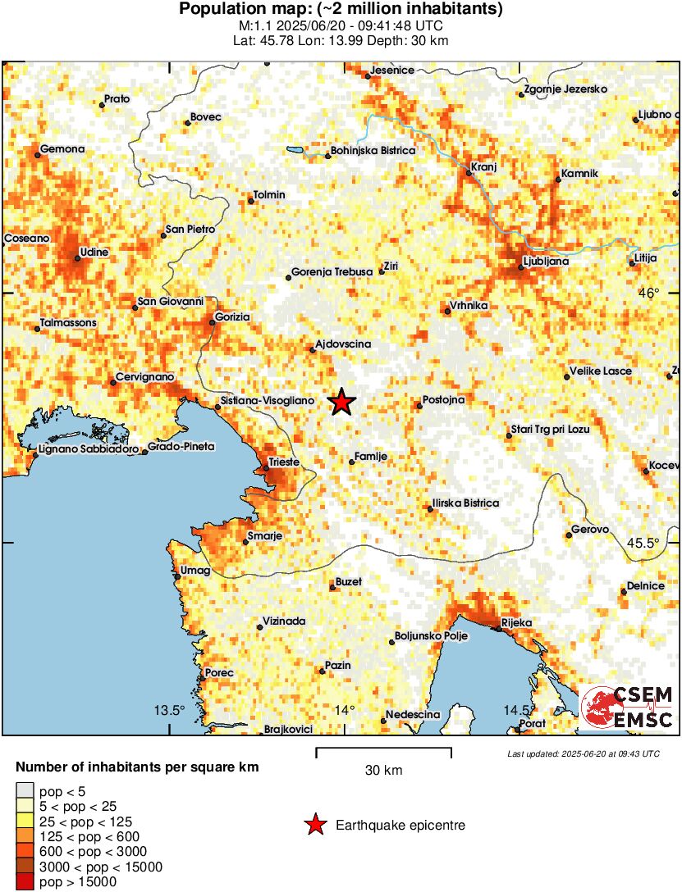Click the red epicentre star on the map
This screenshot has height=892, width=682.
(341, 402)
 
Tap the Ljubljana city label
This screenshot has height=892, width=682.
(545, 262)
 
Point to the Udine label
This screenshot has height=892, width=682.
(94, 253)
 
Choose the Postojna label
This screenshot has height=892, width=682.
(443, 400)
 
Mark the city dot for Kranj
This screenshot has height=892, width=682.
(469, 174)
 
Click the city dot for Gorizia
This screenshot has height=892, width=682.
(213, 322)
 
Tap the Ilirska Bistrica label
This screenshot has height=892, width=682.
(465, 503)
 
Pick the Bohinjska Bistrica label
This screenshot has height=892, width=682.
(373, 151)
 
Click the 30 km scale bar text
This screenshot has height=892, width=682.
(383, 771)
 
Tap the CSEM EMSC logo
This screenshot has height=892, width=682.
(627, 708)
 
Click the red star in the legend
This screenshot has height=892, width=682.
(314, 826)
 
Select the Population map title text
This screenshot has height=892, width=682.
(341, 10)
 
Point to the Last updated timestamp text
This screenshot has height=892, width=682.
(583, 753)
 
